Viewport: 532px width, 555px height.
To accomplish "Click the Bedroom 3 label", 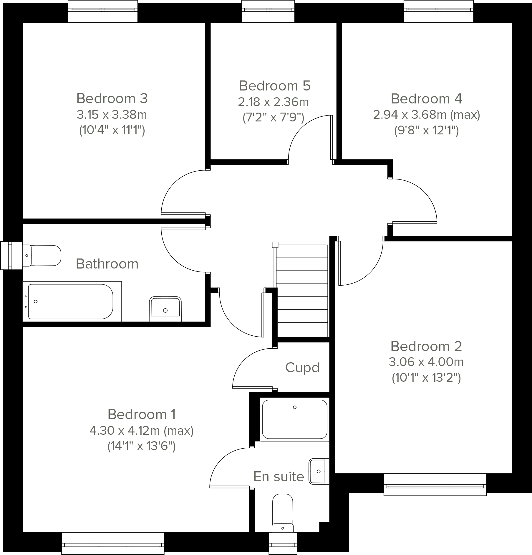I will point(112,98).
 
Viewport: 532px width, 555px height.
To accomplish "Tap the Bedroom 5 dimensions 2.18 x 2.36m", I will point(273,102).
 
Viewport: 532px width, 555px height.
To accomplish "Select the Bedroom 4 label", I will point(426,99).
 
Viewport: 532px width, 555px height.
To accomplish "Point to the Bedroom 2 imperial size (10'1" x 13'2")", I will point(426,378).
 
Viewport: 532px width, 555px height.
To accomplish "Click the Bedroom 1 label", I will point(142,414).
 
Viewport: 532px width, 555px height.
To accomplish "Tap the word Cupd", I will point(302,368).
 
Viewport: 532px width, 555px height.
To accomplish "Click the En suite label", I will point(279,477).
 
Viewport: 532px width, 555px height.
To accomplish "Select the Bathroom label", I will point(107,264).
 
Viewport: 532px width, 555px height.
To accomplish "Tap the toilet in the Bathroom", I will point(43,255).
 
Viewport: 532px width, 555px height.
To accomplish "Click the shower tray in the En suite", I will point(294,419).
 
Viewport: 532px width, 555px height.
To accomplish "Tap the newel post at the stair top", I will point(275,244).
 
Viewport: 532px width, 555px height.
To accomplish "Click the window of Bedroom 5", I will point(268,11).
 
